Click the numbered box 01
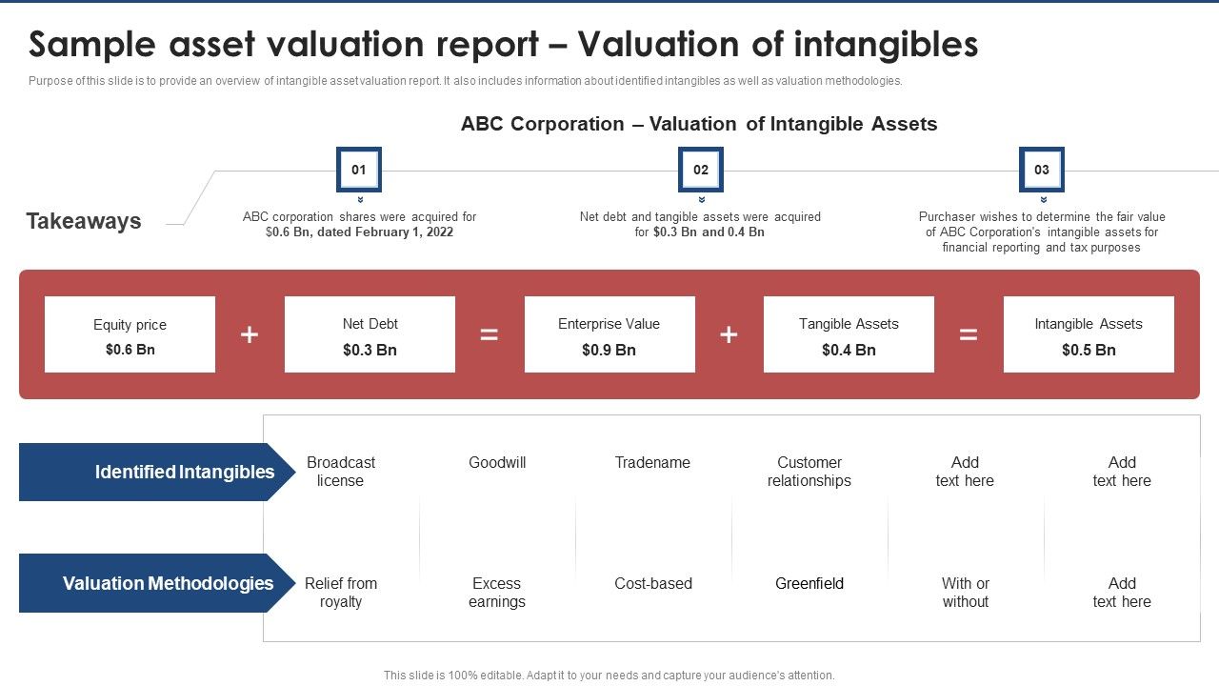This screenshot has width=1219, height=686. point(359,170)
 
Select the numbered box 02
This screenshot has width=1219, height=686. point(700,170)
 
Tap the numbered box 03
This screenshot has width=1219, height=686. point(1041,170)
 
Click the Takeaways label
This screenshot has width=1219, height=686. point(84,221)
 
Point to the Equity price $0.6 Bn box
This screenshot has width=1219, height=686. point(130,334)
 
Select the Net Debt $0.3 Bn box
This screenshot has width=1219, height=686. point(370,334)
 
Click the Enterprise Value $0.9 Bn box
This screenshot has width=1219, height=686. point(609,334)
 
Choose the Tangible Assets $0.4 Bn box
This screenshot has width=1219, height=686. point(849,334)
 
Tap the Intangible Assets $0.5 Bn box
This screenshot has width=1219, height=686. point(1089,334)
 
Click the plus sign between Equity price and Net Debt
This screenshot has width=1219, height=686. point(250,334)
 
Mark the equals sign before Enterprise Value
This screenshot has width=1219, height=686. point(490,334)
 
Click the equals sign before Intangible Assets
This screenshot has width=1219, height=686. point(969,334)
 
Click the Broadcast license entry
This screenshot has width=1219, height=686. point(341,472)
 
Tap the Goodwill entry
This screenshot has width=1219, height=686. point(497,463)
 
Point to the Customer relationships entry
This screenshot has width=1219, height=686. point(809,472)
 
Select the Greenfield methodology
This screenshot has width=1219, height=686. point(809,583)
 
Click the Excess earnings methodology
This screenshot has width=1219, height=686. point(497,593)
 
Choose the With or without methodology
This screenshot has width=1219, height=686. point(965,593)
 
